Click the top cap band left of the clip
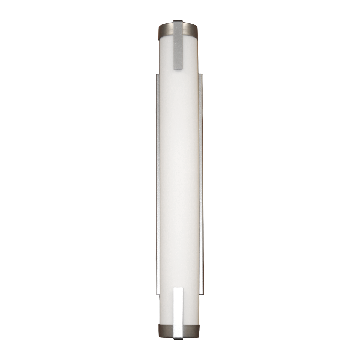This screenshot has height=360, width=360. (x=166, y=29)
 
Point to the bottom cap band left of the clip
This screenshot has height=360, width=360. (x=166, y=330)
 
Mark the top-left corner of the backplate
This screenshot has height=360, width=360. (x=156, y=74)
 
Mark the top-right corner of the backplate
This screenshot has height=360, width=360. (x=202, y=74)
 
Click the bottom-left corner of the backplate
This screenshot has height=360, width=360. (x=156, y=293)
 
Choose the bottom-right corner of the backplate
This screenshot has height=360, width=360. (x=203, y=293)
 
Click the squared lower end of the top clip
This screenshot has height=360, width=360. (x=178, y=68)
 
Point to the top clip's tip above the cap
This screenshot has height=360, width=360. (x=178, y=21)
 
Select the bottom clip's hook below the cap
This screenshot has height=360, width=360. (x=178, y=338)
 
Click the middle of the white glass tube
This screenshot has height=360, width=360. (x=179, y=180)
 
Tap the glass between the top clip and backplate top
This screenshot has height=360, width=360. (x=179, y=72)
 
